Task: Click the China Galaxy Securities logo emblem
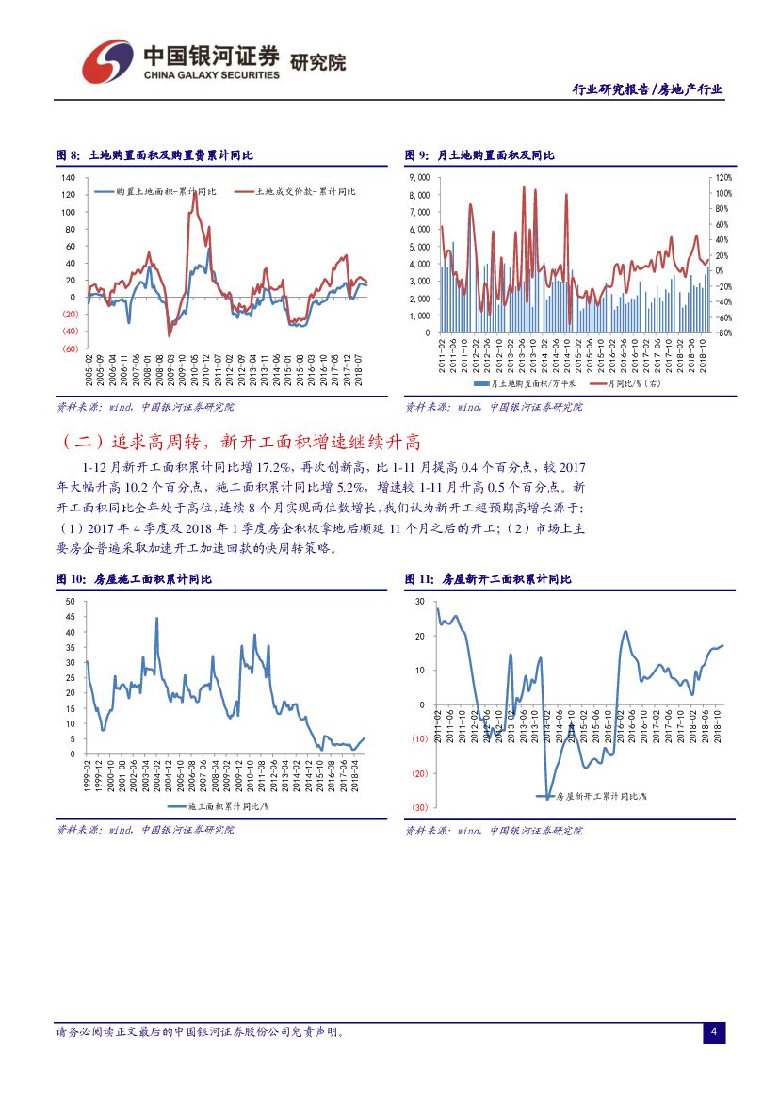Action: tap(106, 61)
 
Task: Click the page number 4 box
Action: tap(714, 1033)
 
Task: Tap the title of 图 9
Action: tap(479, 155)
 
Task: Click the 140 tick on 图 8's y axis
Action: tap(70, 178)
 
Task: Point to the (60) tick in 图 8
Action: tap(69, 348)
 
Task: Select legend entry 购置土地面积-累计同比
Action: tap(163, 191)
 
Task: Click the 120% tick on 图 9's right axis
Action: tap(722, 178)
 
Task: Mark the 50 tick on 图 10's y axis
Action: tap(72, 601)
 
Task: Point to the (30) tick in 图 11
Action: tap(419, 808)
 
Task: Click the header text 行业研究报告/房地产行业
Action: tap(648, 89)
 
